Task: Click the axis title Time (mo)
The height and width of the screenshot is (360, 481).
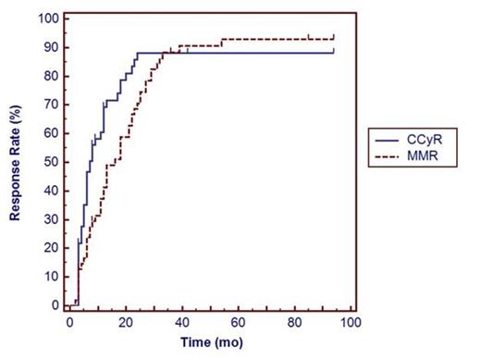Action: click(209, 343)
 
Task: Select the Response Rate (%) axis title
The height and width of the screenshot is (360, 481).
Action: click(16, 162)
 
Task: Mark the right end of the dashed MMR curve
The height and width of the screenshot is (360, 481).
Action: click(334, 36)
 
